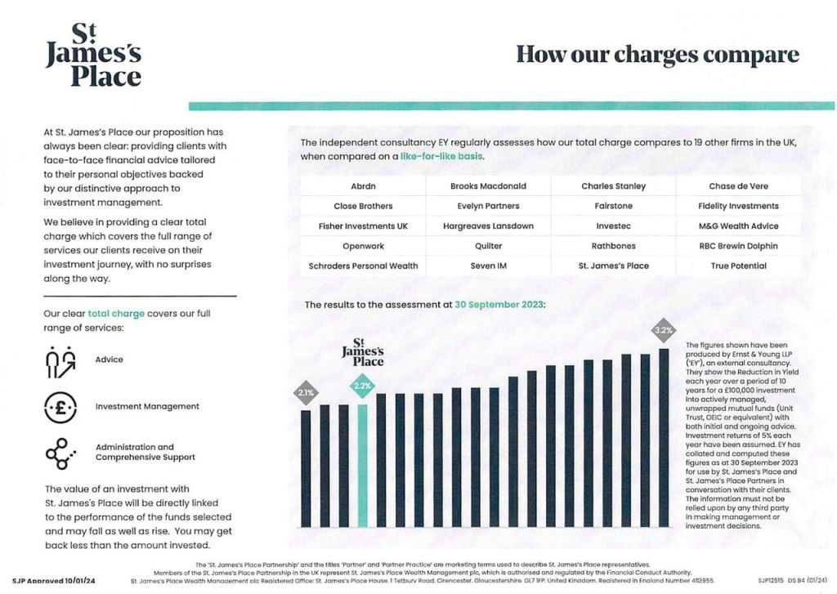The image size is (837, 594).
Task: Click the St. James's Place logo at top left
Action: (x=93, y=56)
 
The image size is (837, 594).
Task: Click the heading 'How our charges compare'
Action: (x=657, y=55)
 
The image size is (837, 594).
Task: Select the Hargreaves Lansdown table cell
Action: (x=488, y=226)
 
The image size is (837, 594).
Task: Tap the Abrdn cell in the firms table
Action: (x=362, y=186)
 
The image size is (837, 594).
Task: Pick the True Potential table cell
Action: (x=738, y=266)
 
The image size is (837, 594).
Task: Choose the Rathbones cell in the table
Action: (x=613, y=246)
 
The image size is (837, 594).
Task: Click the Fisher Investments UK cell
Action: (x=363, y=226)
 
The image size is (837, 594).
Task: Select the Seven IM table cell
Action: (x=488, y=266)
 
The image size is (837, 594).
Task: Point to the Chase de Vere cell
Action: (x=738, y=186)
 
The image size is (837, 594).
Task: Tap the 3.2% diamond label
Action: (x=664, y=331)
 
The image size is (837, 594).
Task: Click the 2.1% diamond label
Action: (x=306, y=393)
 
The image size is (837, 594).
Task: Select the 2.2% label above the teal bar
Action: (x=362, y=385)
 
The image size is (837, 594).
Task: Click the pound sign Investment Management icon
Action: (x=60, y=406)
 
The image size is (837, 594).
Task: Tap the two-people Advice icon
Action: (x=60, y=360)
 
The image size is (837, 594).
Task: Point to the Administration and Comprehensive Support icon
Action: (x=60, y=453)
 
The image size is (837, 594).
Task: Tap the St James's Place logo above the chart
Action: (x=362, y=352)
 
